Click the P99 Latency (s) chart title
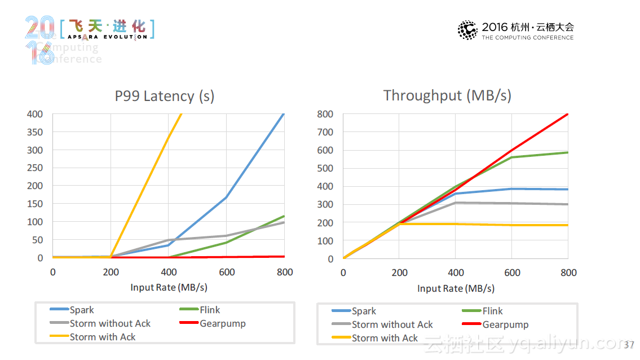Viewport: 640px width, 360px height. coord(164,96)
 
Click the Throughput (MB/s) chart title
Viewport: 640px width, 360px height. coord(447,95)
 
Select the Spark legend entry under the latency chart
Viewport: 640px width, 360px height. coord(82,310)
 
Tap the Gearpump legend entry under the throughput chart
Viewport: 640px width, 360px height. coord(505,324)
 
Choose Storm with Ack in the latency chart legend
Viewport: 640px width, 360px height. coord(103,337)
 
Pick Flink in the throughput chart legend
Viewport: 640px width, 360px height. coord(492,311)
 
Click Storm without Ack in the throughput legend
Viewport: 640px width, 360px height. coord(392,324)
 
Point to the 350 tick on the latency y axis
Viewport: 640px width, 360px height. coord(35,132)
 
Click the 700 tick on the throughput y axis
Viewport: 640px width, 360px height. coord(325,132)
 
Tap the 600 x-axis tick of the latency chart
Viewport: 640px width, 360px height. coord(226,273)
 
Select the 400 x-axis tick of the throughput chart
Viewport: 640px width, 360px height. coord(456,273)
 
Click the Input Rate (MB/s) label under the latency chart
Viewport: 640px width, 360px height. coord(169,287)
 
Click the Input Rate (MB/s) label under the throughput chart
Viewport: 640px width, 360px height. coord(456,288)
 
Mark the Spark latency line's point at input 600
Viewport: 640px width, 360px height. coord(226,197)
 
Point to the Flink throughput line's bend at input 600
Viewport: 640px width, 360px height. coord(511,157)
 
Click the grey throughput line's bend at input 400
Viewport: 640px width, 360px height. coord(456,203)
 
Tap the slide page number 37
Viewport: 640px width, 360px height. coord(629,345)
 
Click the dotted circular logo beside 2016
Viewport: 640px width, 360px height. coord(467,30)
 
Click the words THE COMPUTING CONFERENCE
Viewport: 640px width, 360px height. coord(527,38)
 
